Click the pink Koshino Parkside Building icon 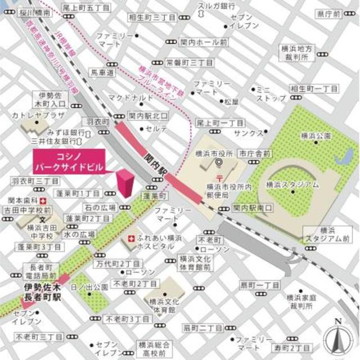point(125,183)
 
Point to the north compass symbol point(337,337)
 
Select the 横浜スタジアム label point(292,184)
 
